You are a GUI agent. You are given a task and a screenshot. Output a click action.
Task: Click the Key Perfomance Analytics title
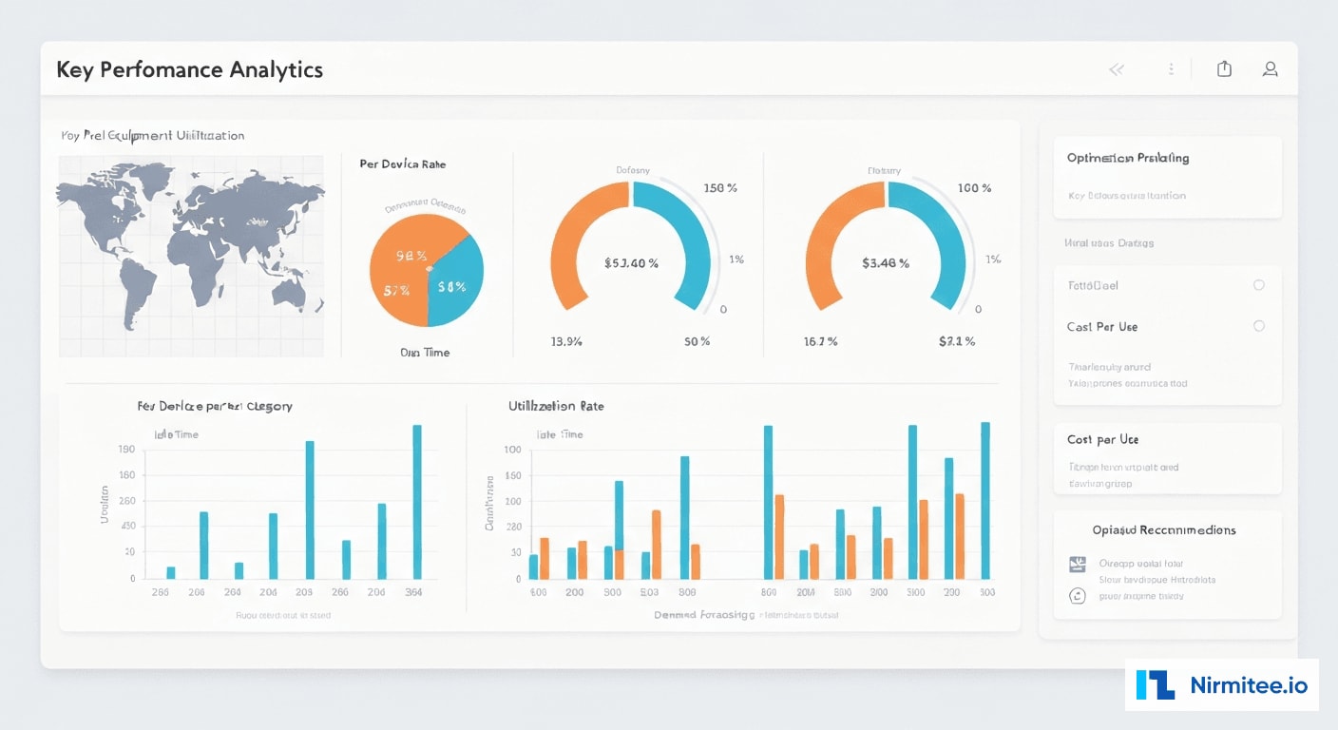coord(189,70)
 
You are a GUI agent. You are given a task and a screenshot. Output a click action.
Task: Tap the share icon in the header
coord(1224,68)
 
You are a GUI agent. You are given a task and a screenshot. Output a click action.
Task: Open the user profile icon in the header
coord(1270,68)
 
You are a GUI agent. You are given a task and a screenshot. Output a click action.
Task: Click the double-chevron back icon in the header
coord(1117,69)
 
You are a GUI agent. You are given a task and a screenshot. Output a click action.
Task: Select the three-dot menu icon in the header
coord(1171,69)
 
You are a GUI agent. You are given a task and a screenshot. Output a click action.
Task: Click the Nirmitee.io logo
coord(1222,684)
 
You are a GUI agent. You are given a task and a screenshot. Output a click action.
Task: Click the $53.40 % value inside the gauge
coord(631,263)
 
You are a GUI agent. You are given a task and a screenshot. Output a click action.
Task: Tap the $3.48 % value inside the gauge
coord(885,263)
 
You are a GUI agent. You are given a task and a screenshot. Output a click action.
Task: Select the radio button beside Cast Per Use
coord(1258,326)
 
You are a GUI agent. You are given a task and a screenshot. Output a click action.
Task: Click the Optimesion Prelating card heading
coord(1128,158)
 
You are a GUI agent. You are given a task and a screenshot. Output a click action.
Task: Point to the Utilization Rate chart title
coord(556,406)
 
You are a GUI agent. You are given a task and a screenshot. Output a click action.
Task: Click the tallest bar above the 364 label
coord(416,501)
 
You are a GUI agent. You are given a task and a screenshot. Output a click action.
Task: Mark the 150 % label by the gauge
coord(719,188)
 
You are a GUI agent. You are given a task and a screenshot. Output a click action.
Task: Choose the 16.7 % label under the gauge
coord(820,341)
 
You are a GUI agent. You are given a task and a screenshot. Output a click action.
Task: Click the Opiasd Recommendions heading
coord(1164,529)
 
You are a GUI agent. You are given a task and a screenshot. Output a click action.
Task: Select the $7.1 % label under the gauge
coord(956,341)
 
